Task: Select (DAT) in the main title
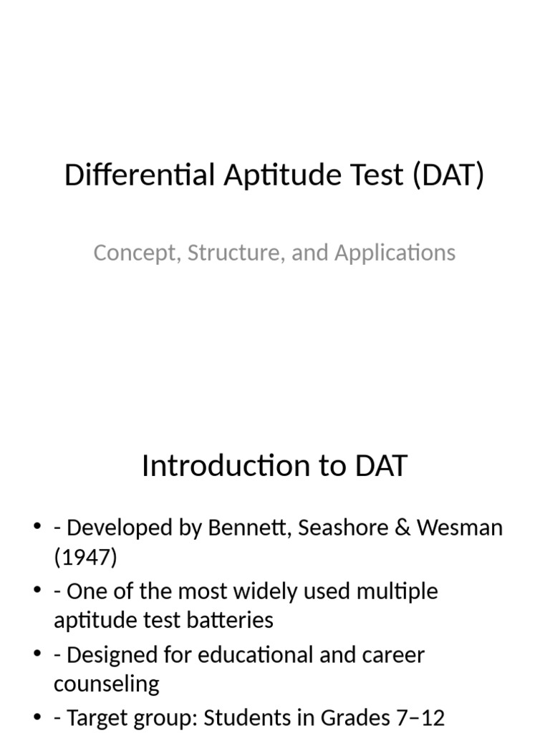click(x=448, y=175)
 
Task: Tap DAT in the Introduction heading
click(x=380, y=466)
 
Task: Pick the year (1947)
click(x=85, y=557)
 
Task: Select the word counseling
click(x=106, y=684)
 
